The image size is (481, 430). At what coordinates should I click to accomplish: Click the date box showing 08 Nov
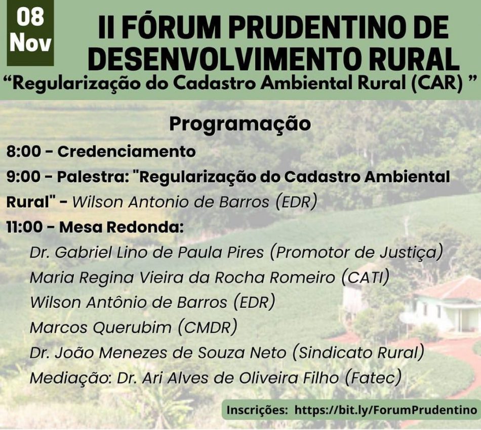pos(30,32)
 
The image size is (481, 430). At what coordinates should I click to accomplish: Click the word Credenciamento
pos(127,151)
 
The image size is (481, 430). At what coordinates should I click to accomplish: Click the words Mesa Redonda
pos(121,227)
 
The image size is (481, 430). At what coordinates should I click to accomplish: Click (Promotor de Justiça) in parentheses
pos(357,252)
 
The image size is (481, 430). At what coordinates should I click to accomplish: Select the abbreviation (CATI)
pos(365,277)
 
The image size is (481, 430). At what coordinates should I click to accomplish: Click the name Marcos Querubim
pos(101,328)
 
